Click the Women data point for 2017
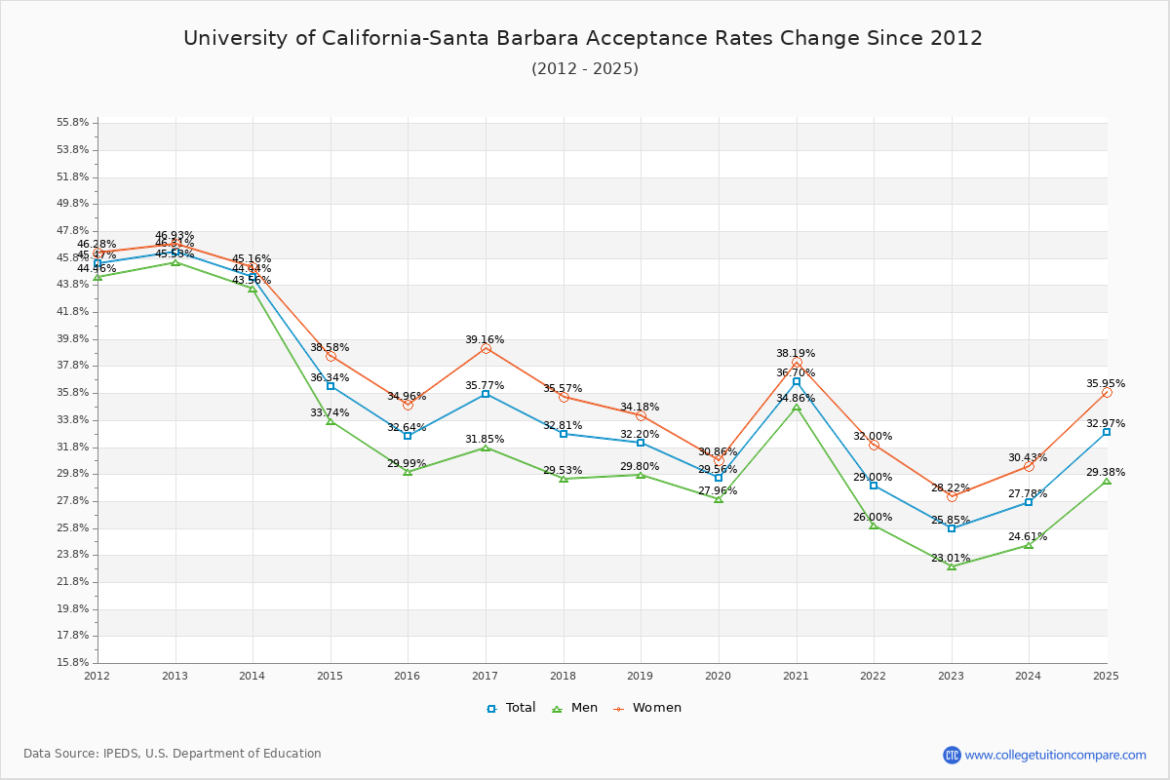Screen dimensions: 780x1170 pyautogui.click(x=486, y=348)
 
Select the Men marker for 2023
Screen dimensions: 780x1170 pyautogui.click(x=952, y=565)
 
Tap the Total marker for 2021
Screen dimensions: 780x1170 pyautogui.click(x=797, y=381)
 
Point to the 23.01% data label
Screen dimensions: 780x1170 pyautogui.click(x=951, y=559)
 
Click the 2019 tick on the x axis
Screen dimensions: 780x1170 pyautogui.click(x=641, y=676)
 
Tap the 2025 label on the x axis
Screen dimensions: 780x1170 pyautogui.click(x=1106, y=676)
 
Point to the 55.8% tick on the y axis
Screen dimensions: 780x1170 pyautogui.click(x=73, y=123)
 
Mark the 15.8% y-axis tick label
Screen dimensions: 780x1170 pyautogui.click(x=73, y=663)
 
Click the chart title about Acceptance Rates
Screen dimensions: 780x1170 pyautogui.click(x=583, y=38)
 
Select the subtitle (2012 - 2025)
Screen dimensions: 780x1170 pyautogui.click(x=585, y=69)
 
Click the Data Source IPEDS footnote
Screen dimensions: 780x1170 pyautogui.click(x=173, y=754)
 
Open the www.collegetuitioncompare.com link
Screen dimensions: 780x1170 pyautogui.click(x=1055, y=755)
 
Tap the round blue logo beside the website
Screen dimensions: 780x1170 pyautogui.click(x=952, y=755)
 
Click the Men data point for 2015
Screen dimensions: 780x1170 pyautogui.click(x=331, y=421)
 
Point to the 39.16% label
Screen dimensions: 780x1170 pyautogui.click(x=485, y=340)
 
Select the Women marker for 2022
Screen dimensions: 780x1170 pyautogui.click(x=874, y=445)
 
